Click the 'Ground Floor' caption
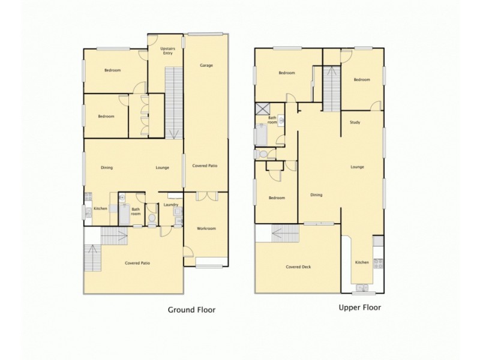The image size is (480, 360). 190,310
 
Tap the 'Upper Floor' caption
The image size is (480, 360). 359,307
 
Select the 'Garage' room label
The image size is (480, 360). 206,65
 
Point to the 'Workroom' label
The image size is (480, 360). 206,229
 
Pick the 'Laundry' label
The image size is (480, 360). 170,205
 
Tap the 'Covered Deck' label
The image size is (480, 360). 298,267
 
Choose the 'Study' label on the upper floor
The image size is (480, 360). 355,123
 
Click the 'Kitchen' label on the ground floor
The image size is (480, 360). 100,209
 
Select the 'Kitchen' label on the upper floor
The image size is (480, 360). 362,262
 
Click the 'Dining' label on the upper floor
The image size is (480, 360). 316,194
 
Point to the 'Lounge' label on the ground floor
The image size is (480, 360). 162,168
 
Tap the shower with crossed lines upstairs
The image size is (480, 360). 262,109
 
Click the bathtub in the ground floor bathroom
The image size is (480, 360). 124,214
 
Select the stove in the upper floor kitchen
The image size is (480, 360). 378,262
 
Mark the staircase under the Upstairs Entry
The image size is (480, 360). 173,102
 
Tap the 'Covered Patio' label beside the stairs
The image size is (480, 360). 137,263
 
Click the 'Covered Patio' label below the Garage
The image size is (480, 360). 205,166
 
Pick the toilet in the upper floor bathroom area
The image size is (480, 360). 260,154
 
